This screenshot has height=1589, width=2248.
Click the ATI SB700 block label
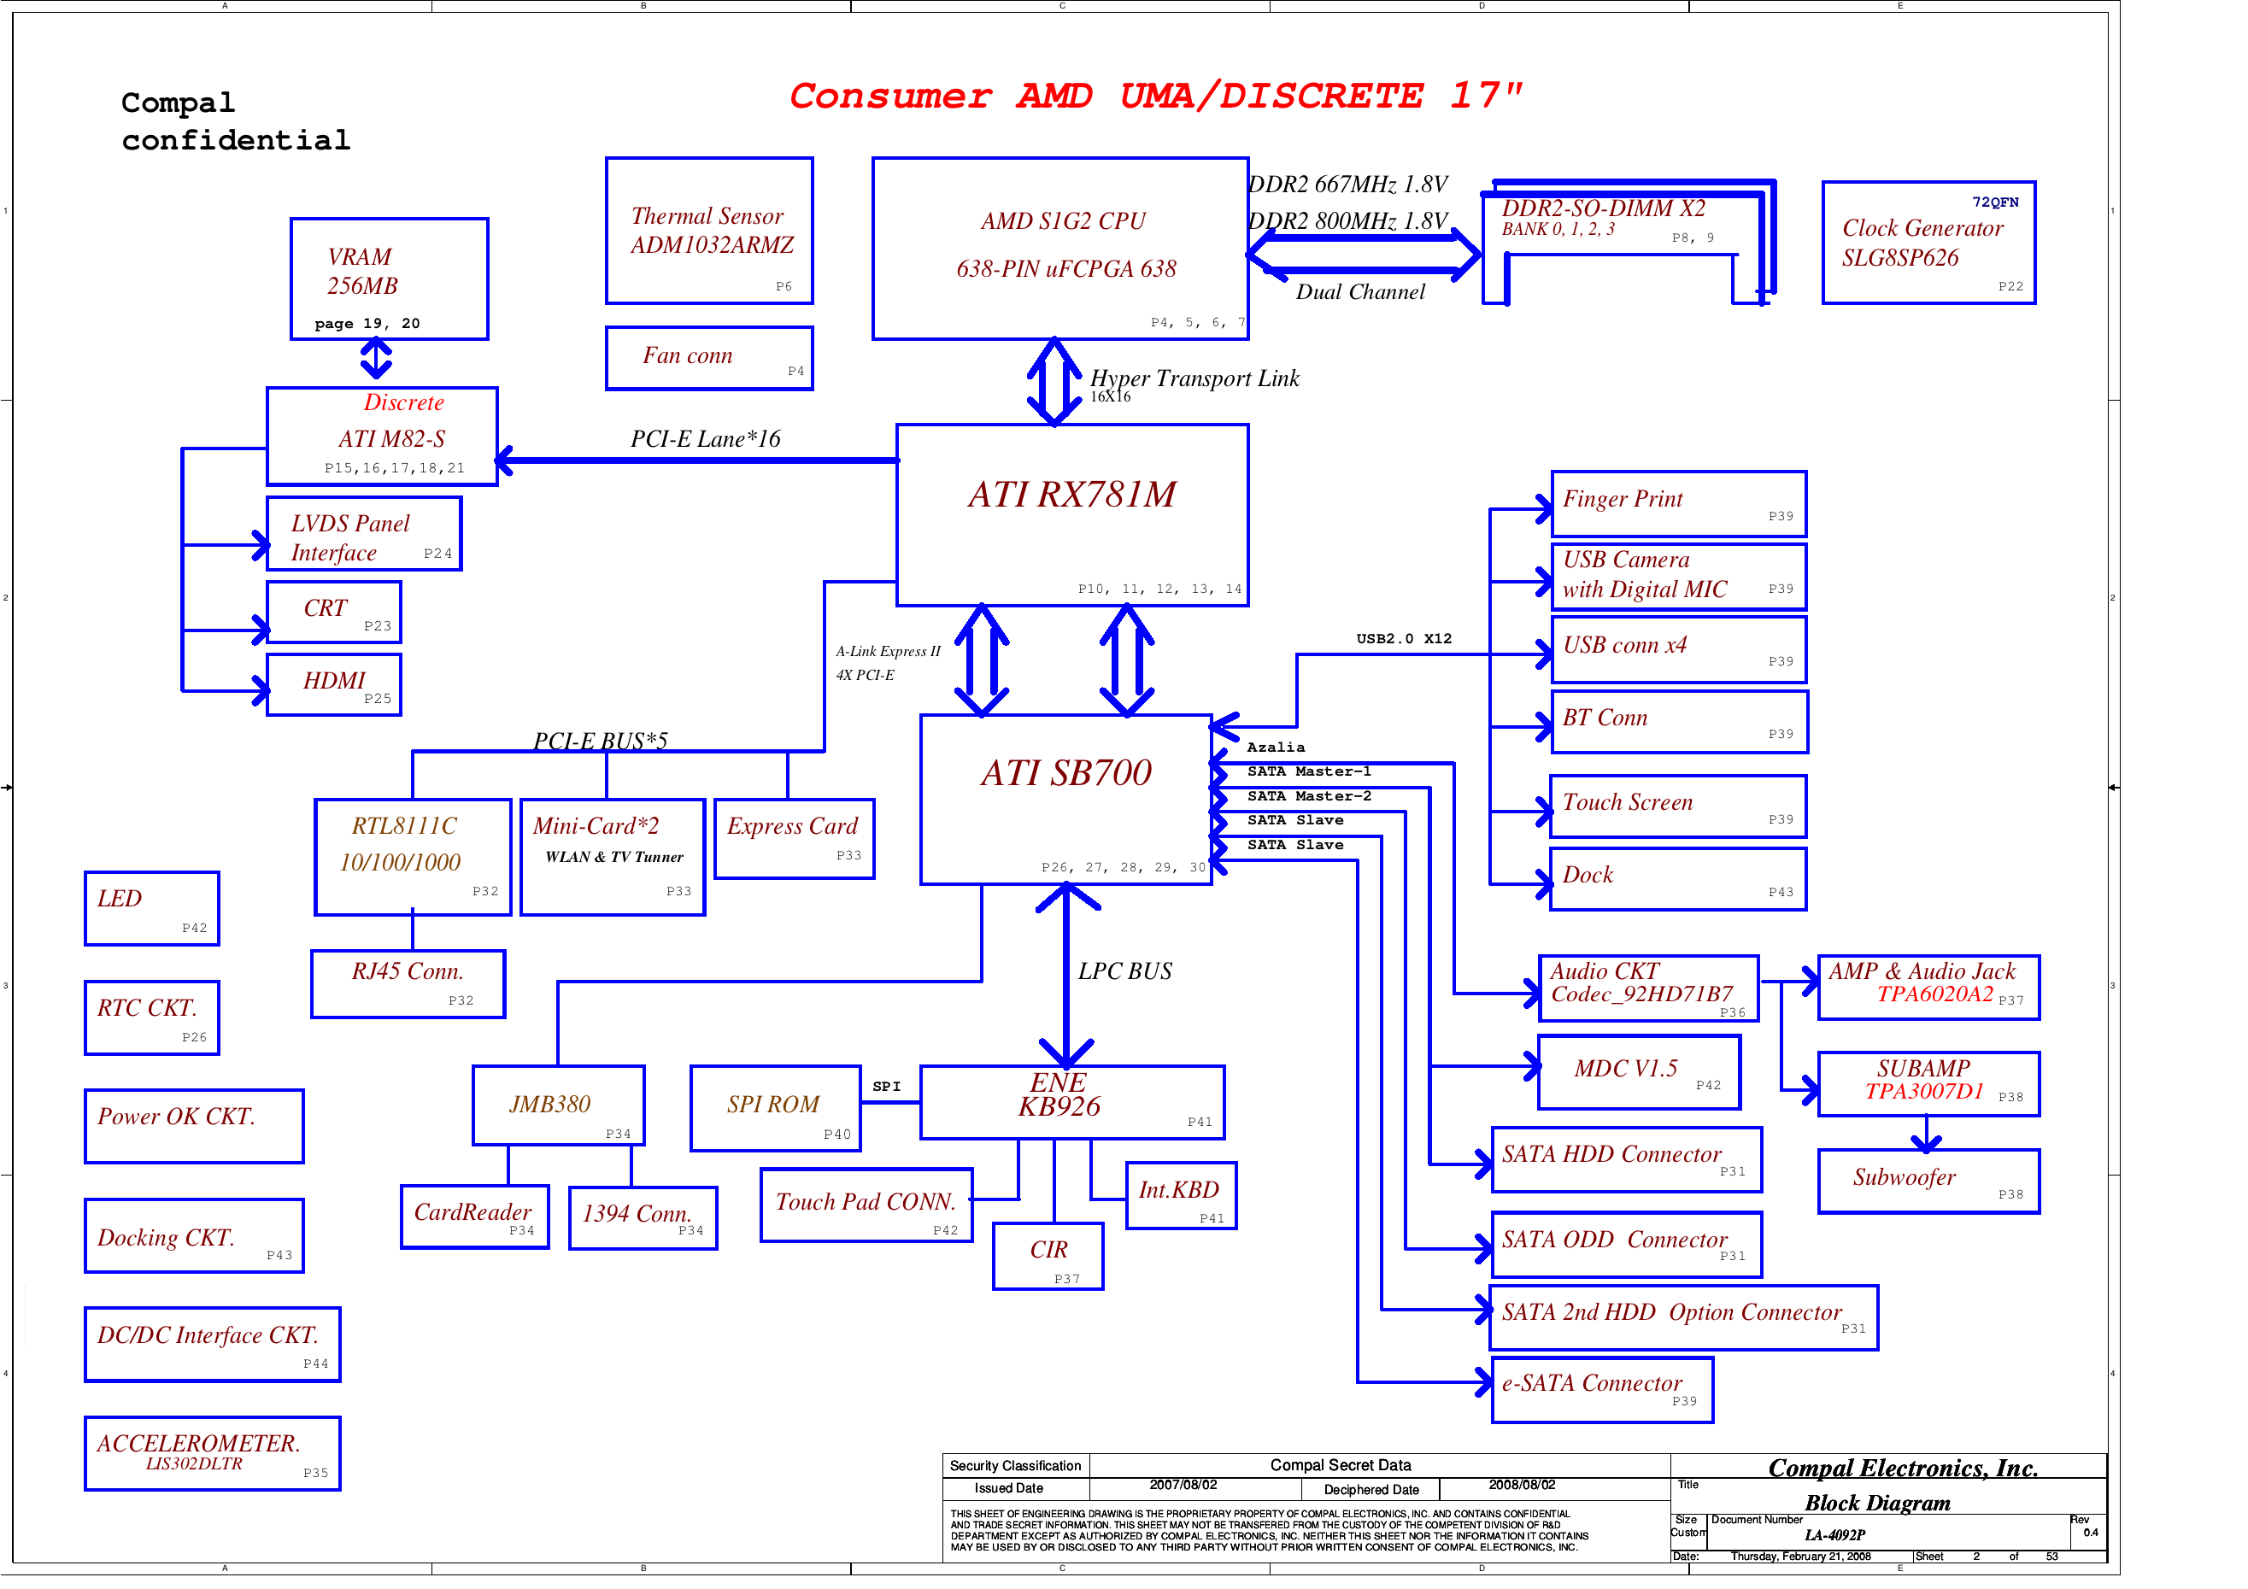pos(1066,773)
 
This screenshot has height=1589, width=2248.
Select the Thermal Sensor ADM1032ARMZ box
pos(709,231)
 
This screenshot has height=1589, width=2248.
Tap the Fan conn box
pos(709,358)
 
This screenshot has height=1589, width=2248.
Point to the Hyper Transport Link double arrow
pos(1054,382)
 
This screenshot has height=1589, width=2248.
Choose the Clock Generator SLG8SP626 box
pos(1928,243)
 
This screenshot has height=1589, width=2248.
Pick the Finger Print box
pos(1678,503)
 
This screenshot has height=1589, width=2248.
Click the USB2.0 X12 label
pos(1403,638)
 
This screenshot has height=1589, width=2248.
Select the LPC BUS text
pos(1124,971)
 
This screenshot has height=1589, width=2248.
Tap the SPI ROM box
pos(774,1108)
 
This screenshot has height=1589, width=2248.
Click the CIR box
pos(1048,1256)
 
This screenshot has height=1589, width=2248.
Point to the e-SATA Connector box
pos(1602,1389)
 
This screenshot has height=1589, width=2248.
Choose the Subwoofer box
pos(1928,1181)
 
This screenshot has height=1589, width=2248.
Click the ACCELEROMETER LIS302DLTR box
pos(212,1453)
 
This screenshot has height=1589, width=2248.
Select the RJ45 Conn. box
pos(408,984)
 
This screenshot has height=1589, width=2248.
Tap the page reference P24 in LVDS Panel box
pos(437,554)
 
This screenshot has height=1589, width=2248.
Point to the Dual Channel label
pos(1360,292)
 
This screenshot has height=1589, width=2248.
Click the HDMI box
pos(334,685)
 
